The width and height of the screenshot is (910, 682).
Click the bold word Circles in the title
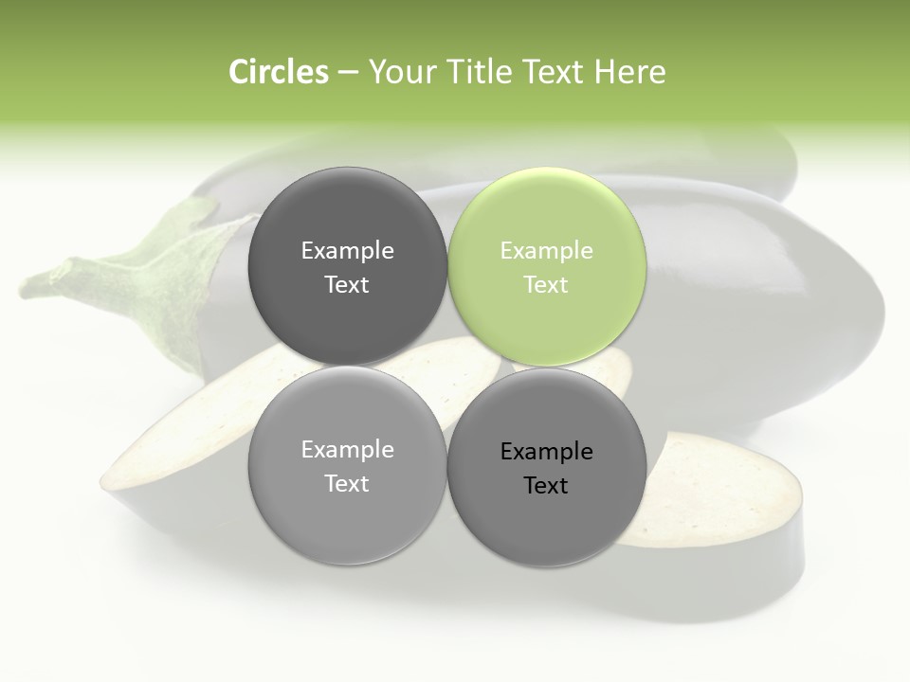[278, 72]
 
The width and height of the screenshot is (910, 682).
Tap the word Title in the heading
[483, 72]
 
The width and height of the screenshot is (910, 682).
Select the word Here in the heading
[629, 72]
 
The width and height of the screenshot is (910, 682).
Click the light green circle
[547, 266]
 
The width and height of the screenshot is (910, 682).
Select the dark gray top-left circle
[347, 266]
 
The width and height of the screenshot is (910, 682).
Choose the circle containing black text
[547, 466]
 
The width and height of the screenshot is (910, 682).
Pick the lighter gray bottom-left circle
[347, 466]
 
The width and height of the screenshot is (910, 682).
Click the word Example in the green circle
[546, 251]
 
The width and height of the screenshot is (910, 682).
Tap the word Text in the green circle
[546, 285]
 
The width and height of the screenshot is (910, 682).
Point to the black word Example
[546, 452]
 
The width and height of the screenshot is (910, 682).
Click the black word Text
[546, 486]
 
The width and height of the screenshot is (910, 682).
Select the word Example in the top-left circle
[347, 251]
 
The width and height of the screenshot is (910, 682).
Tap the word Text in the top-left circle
[347, 285]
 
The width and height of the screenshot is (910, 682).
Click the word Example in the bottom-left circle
[347, 450]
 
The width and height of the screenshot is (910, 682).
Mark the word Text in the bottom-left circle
[347, 484]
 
